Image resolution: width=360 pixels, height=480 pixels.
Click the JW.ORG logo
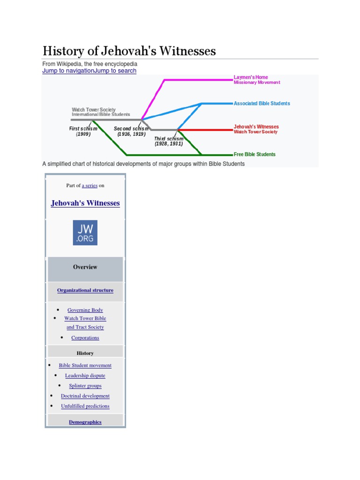pos(85,232)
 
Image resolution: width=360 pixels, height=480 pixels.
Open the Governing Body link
pos(85,310)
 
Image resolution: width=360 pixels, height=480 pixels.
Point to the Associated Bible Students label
pos(262,103)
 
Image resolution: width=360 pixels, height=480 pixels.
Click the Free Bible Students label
pos(255,154)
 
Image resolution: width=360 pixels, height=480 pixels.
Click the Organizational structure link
pos(85,290)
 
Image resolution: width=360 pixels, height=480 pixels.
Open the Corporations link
pos(85,337)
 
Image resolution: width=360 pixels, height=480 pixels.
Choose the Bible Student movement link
pos(85,365)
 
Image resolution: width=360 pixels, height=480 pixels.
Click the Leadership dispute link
pos(85,375)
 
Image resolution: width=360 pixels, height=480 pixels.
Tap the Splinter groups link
pos(85,386)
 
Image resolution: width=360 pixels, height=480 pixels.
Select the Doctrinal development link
pos(85,396)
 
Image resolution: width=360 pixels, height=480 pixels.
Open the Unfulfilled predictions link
pos(85,406)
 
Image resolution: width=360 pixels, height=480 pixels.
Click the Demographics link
pos(85,422)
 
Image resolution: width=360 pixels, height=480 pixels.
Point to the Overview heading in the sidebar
pos(85,267)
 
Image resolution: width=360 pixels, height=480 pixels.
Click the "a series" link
pos(90,186)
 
